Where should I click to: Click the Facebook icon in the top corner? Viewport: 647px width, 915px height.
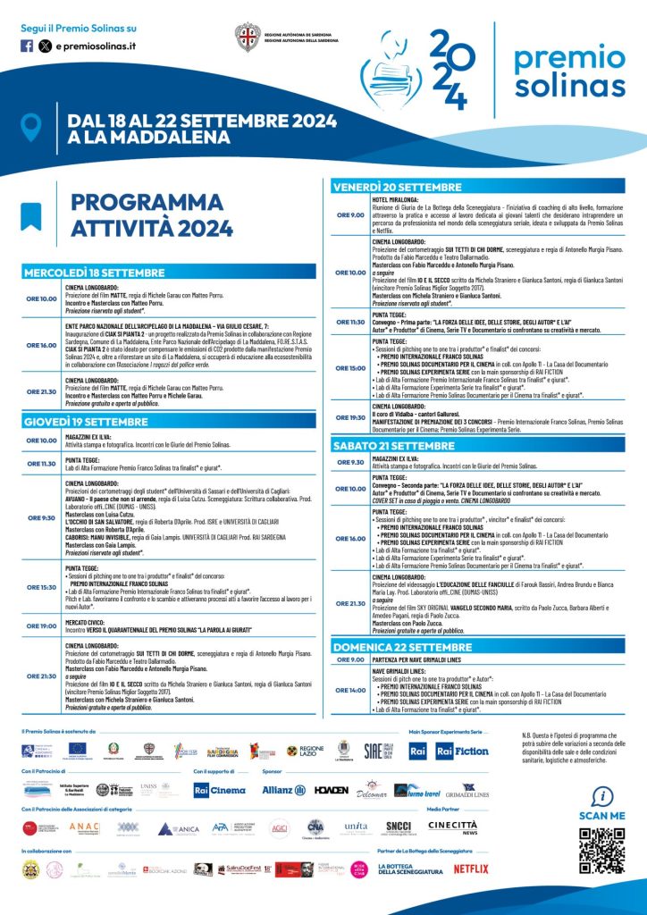pyautogui.click(x=27, y=45)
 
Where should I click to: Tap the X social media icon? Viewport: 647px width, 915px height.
pyautogui.click(x=45, y=45)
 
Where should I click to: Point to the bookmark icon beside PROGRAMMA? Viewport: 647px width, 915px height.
pyautogui.click(x=31, y=215)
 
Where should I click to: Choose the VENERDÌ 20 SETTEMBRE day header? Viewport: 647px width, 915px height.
pyautogui.click(x=398, y=187)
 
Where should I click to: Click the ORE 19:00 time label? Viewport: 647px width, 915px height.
pyautogui.click(x=41, y=601)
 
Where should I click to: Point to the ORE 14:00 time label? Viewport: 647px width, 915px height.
pyautogui.click(x=350, y=690)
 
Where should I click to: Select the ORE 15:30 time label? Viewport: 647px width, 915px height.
pyautogui.click(x=41, y=562)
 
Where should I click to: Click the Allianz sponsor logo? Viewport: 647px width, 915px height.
pyautogui.click(x=284, y=790)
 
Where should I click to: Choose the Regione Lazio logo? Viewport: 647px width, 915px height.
pyautogui.click(x=306, y=751)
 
